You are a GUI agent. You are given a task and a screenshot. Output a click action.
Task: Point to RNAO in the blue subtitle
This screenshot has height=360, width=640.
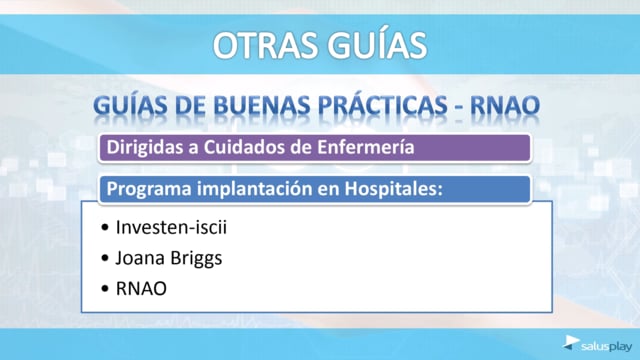505,106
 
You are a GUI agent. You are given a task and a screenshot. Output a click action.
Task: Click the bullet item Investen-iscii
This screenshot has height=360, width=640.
171,227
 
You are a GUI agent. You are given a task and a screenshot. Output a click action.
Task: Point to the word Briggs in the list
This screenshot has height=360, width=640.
196,259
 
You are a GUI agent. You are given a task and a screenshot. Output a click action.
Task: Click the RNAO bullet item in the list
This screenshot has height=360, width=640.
141,289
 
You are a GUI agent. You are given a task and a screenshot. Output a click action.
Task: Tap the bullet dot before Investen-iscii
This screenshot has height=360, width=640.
105,228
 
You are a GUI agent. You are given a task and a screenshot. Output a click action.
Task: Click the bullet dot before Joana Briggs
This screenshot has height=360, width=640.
105,258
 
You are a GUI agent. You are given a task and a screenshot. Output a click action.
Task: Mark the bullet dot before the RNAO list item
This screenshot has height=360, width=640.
105,289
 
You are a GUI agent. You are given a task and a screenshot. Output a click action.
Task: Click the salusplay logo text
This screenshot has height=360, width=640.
607,347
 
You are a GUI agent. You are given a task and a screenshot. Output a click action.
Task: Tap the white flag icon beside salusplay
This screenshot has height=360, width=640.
571,342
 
